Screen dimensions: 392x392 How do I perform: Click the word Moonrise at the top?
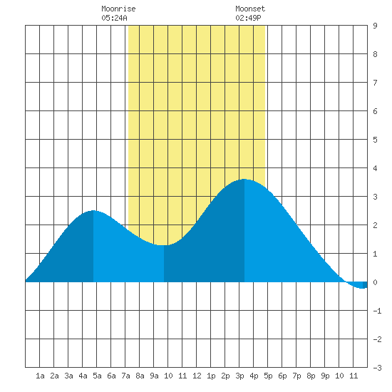[118, 9]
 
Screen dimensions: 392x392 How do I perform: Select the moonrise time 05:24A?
[114, 18]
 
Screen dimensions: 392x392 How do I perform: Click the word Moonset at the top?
[250, 9]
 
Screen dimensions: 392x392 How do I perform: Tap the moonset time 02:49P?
[248, 18]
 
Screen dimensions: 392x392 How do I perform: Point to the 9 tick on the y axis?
[375, 26]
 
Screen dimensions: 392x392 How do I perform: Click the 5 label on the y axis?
[375, 140]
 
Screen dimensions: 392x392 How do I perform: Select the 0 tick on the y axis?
[375, 282]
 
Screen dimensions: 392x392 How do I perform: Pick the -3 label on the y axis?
[377, 368]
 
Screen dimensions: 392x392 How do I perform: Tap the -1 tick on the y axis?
[377, 311]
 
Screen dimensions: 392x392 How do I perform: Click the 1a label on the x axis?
[40, 376]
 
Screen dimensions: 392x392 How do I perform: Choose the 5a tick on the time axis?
[97, 376]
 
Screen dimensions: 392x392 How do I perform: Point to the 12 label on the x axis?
[197, 376]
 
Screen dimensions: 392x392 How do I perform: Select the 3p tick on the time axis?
[239, 376]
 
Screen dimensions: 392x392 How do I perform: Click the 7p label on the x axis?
[296, 376]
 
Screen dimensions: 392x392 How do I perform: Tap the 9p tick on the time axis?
[325, 376]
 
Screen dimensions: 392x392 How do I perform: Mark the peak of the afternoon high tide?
[244, 179]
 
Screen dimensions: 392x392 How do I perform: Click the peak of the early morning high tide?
[93, 210]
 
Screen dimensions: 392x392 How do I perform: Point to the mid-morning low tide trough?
[164, 245]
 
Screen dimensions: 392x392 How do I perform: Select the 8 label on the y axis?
[375, 54]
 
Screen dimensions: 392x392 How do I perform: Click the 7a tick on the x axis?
[125, 376]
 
